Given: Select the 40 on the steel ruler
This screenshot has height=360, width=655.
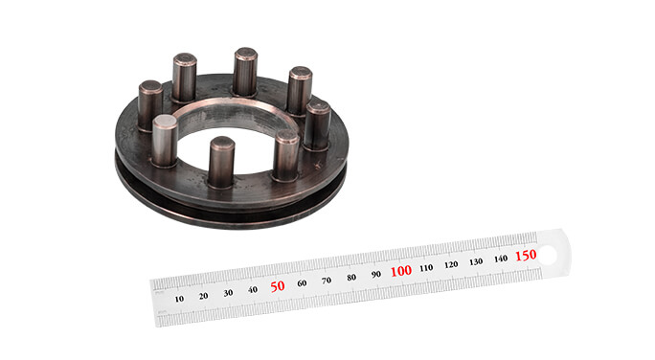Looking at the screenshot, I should (x=253, y=289).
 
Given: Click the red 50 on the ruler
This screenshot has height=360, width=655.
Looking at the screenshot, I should (x=278, y=286).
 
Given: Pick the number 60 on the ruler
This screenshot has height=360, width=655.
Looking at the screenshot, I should (x=302, y=282).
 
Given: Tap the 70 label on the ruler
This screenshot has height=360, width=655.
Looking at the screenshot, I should (x=327, y=280).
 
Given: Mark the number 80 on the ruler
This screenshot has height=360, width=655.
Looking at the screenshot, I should (x=351, y=276).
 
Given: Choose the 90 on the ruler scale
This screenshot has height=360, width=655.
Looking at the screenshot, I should (x=376, y=273).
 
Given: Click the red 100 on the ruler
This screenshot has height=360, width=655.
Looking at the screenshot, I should (x=401, y=270).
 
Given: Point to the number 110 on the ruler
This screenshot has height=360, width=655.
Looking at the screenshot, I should (x=426, y=267).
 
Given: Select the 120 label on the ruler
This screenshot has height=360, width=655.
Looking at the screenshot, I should (x=451, y=264).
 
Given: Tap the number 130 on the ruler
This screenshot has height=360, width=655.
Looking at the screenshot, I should (x=476, y=261).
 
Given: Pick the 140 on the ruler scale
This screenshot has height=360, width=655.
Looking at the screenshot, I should (x=501, y=259).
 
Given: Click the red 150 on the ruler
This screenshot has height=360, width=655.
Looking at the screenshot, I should (x=526, y=256).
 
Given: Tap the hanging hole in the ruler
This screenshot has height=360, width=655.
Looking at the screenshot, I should (x=549, y=253).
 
